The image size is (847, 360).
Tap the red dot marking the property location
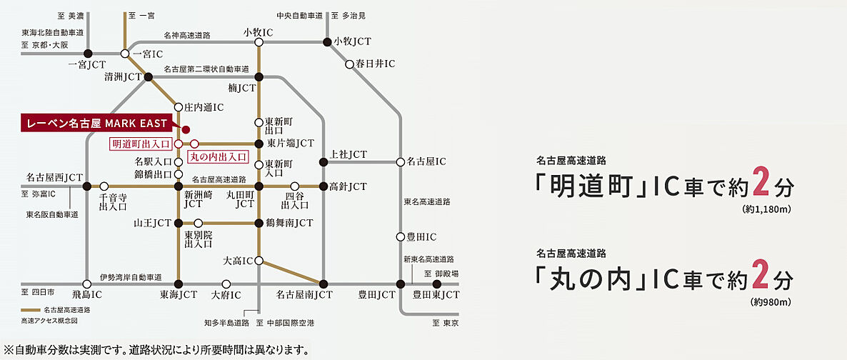pos(186,129)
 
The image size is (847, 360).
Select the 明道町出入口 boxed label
pos(141,144)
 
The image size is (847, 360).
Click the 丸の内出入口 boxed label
pos(217,155)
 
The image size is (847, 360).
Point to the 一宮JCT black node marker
pos(88,54)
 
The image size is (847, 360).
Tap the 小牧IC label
pos(259,31)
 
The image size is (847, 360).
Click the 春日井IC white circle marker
pos(349,64)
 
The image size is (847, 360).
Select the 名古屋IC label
pos(427,162)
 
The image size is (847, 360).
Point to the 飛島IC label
pos(86,294)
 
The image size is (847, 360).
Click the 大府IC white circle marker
pos(226,284)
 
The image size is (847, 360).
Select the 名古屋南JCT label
pos(305,294)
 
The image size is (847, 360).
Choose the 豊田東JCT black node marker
pos(436,284)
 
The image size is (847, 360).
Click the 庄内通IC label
pos(205,107)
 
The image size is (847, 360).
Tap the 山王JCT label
pos(153,223)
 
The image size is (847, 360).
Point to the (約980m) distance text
pos(771,302)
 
